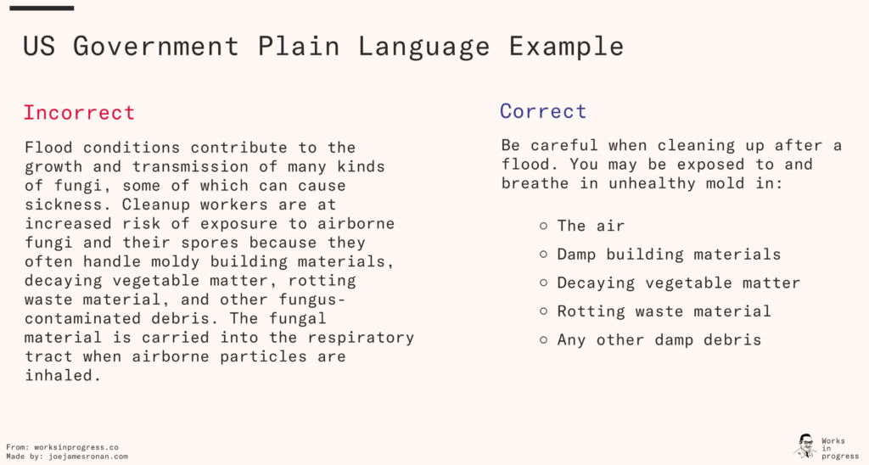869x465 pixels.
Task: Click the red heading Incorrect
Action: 79,113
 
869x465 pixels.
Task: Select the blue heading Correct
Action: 542,111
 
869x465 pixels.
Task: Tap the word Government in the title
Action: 156,46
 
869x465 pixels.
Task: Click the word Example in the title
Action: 566,47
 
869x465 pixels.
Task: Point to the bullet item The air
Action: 591,226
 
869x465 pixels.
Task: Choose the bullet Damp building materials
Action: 669,255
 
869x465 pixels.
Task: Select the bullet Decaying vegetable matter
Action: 678,283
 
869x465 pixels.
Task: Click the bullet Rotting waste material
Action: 664,311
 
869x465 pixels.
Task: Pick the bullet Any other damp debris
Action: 659,339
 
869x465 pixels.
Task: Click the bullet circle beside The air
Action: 543,226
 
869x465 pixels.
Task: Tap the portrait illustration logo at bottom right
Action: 805,445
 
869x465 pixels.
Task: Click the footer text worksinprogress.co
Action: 76,447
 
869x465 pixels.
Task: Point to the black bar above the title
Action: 42,8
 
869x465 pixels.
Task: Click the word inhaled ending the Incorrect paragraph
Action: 63,375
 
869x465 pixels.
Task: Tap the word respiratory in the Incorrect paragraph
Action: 361,338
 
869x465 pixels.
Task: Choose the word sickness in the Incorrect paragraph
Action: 68,204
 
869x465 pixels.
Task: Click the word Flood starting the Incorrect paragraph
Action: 48,148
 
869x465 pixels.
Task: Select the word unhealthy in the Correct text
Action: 652,183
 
